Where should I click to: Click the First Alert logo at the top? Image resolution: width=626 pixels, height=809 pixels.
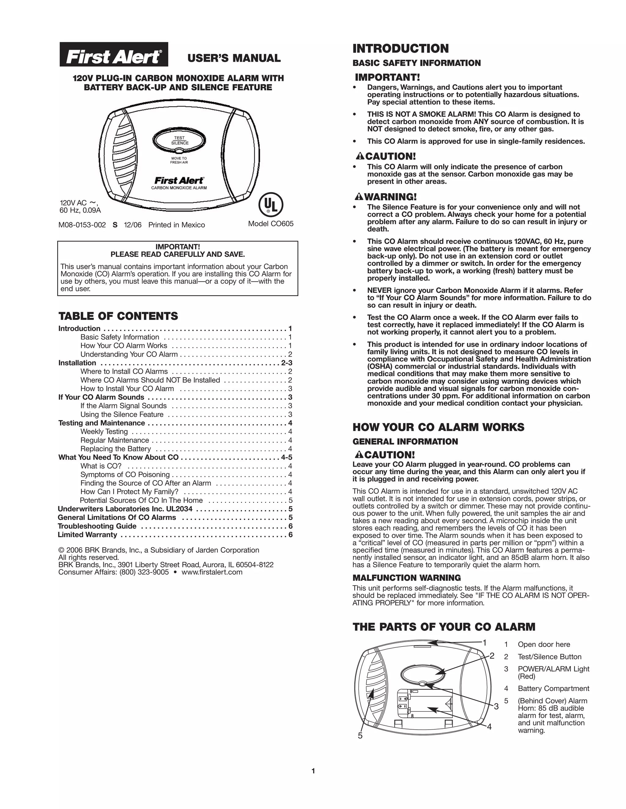[114, 54]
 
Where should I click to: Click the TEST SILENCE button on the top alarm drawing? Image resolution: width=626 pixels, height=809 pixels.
[179, 140]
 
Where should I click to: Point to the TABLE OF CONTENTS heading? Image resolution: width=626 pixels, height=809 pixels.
[118, 316]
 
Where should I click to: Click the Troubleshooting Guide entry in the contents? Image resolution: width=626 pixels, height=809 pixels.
[97, 526]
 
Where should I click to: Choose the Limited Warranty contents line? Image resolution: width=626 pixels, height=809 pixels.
[87, 535]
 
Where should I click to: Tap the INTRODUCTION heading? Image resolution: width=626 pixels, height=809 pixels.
[400, 49]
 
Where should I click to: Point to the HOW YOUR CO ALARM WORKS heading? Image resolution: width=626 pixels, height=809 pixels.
[438, 427]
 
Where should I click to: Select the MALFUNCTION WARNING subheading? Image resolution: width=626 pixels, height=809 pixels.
[407, 578]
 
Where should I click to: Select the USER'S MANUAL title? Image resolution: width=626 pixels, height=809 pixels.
[234, 58]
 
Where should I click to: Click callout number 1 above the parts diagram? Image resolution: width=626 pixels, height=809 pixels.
[484, 642]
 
